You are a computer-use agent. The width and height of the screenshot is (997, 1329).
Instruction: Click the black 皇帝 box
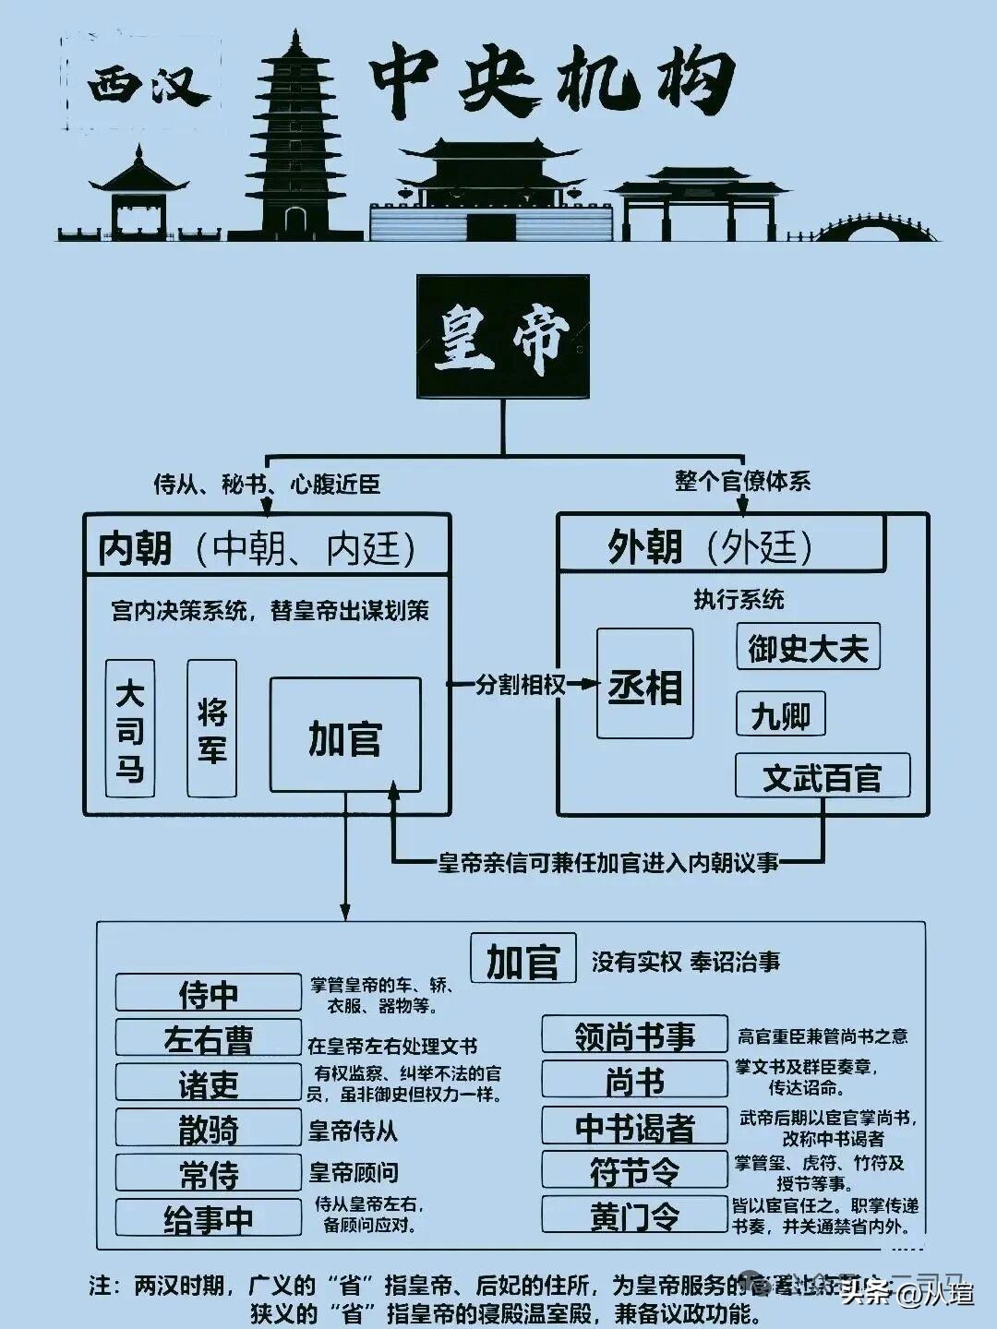click(503, 337)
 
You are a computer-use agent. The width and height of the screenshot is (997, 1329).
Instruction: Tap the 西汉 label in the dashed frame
click(143, 85)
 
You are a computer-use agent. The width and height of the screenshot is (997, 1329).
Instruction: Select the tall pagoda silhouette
click(294, 138)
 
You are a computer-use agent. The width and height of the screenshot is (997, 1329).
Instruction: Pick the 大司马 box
click(130, 728)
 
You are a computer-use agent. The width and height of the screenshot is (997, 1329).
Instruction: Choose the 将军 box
click(211, 728)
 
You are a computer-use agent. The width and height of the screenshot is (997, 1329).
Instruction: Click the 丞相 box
click(644, 684)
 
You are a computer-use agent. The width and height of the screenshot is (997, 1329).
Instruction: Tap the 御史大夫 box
click(808, 647)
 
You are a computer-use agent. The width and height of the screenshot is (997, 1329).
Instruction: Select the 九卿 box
click(780, 714)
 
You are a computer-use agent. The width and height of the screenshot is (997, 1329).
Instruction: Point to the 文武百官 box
click(823, 776)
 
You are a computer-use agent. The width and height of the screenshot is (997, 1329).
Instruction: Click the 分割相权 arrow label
click(520, 684)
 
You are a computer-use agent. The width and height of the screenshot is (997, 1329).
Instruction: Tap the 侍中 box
click(208, 993)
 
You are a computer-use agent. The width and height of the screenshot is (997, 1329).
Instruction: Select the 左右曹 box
click(208, 1038)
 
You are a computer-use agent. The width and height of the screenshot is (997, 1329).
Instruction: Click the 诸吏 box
click(208, 1084)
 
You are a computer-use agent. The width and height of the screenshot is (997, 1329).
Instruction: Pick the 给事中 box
click(208, 1218)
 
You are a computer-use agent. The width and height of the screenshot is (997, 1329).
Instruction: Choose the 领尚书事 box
click(634, 1035)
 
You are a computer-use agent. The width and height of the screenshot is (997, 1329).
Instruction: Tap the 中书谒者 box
click(634, 1126)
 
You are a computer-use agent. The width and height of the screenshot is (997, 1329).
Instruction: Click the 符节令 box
click(634, 1170)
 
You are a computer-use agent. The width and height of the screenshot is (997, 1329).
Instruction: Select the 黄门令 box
click(634, 1215)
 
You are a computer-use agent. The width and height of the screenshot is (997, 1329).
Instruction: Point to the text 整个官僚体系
click(742, 481)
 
